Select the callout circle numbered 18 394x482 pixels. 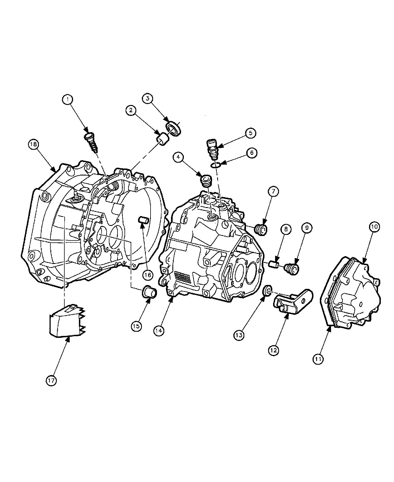coord(33,144)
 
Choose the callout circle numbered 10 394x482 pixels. coord(375,226)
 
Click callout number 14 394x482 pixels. coord(159,330)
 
